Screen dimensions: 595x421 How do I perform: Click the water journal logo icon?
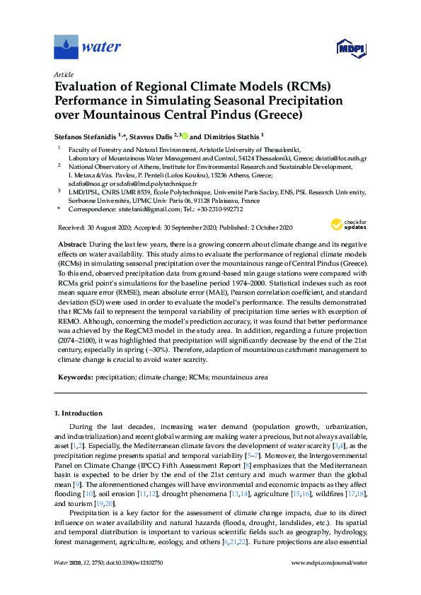pyautogui.click(x=66, y=47)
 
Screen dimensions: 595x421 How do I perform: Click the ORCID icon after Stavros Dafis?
pyautogui.click(x=186, y=135)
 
